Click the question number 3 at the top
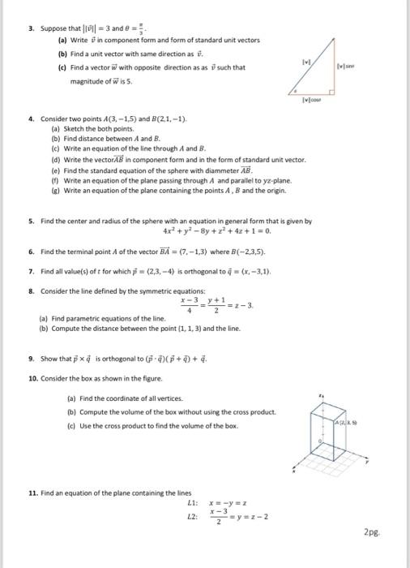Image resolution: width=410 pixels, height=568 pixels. (x=30, y=28)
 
